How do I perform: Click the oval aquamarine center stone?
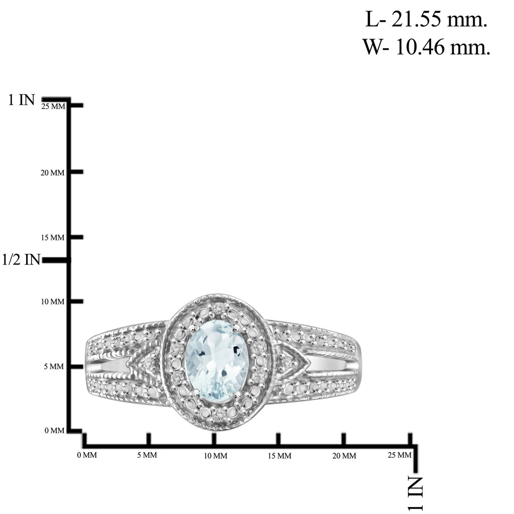[x=217, y=360]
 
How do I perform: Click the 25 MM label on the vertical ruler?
[x=53, y=106]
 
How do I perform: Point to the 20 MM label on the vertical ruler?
[x=52, y=173]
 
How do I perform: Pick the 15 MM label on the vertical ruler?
[x=52, y=237]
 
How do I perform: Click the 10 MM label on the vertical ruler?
[x=52, y=302]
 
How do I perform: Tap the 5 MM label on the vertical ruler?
[x=54, y=366]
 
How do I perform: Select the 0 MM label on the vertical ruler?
[x=54, y=430]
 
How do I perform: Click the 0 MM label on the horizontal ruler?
[x=87, y=455]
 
